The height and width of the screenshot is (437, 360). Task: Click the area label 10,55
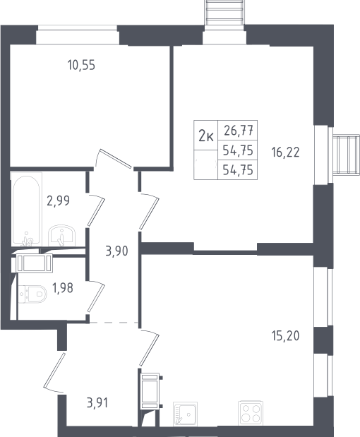(x=81, y=65)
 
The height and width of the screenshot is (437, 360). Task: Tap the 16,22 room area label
(x=286, y=152)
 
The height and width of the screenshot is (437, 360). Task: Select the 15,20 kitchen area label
(x=286, y=336)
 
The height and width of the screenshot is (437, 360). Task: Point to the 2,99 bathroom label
(x=58, y=200)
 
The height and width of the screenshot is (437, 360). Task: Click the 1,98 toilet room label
(x=63, y=288)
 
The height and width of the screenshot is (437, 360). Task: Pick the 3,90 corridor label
(x=116, y=251)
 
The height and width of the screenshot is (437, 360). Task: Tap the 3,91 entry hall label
(x=97, y=403)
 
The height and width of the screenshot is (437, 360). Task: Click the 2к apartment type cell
(x=206, y=136)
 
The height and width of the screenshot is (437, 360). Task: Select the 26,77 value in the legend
(x=239, y=131)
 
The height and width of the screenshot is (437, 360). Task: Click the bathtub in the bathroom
(x=26, y=210)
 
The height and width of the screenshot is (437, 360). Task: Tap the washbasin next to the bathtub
(x=61, y=236)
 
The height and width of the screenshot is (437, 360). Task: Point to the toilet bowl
(x=33, y=294)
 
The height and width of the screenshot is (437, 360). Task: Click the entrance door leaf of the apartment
(x=54, y=370)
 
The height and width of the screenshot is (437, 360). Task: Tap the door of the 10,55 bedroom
(x=115, y=159)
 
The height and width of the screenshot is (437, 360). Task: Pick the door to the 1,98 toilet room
(x=96, y=298)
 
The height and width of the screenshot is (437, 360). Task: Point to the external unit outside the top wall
(x=224, y=13)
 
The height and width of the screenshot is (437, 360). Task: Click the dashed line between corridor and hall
(x=114, y=323)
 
